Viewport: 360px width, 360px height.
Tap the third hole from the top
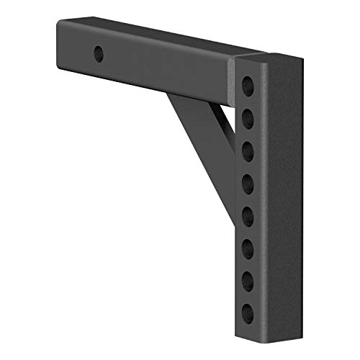tap(248, 148)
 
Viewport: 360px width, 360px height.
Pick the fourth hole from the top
tap(248, 180)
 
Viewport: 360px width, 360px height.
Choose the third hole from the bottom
tap(248, 246)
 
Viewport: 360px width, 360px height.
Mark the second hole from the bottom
tap(248, 279)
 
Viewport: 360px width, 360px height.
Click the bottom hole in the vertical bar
tap(248, 312)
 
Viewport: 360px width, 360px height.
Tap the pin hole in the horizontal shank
tap(98, 53)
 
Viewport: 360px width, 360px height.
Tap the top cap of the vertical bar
tap(263, 58)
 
